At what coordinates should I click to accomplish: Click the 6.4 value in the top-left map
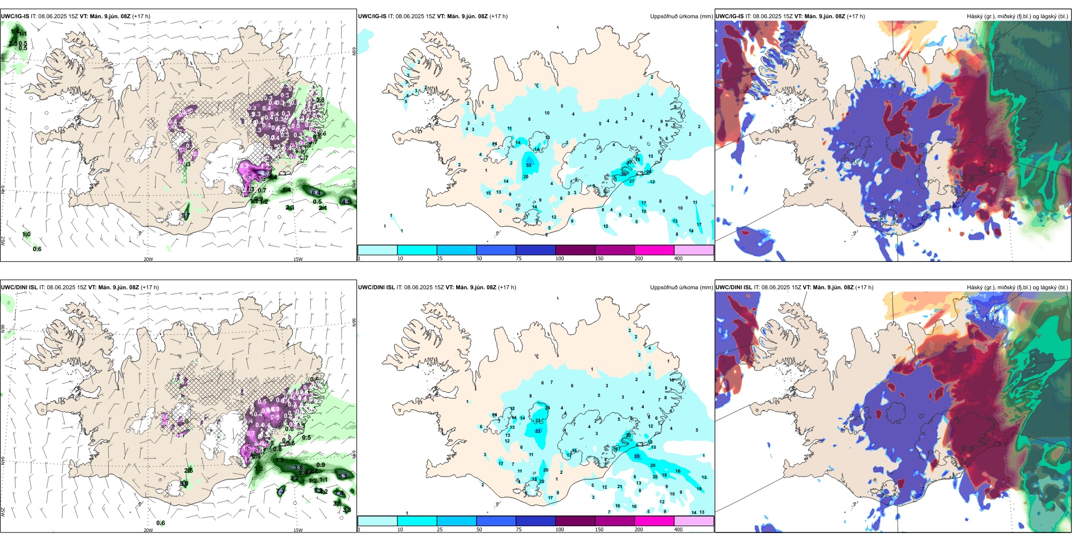point(317,193)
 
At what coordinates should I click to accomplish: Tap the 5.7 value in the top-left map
point(186,216)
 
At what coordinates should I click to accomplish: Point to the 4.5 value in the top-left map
point(346,202)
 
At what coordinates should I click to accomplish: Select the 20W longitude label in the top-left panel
point(148,259)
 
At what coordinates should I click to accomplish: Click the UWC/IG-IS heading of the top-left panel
point(15,17)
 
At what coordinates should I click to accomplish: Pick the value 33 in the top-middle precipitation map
point(529,165)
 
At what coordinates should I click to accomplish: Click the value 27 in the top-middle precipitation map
point(632,182)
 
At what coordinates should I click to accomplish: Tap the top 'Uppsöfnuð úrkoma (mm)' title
point(681,17)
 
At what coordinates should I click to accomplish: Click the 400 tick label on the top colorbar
point(678,259)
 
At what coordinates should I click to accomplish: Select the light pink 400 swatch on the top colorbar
point(694,250)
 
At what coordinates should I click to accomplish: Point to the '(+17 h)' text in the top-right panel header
point(856,17)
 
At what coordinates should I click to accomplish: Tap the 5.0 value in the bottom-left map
point(184,484)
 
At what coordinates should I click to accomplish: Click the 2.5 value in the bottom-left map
point(189,470)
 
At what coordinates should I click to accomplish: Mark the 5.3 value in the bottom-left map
point(343,476)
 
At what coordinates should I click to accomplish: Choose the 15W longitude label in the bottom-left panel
point(298,530)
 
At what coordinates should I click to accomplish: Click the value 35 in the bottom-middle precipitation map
point(637,456)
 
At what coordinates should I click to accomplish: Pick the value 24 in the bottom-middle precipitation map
point(547,408)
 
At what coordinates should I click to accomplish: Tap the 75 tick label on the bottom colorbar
point(519,530)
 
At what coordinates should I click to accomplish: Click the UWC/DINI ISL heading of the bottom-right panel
point(733,288)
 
